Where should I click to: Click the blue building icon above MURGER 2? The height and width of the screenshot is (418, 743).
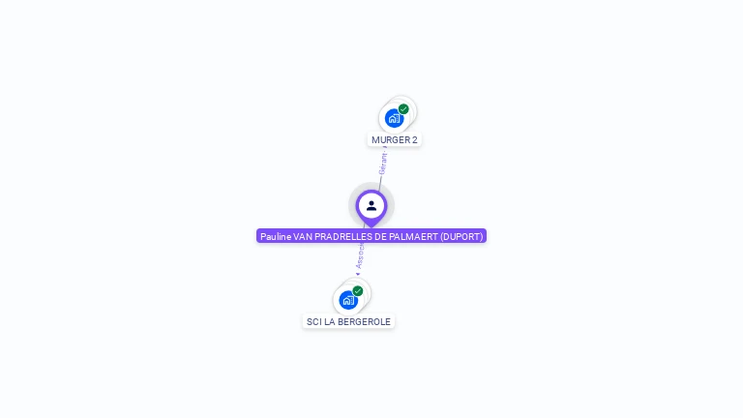pos(394,118)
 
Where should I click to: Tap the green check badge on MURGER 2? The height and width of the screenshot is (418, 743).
pos(403,109)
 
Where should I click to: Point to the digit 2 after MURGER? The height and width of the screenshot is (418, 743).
pos(415,140)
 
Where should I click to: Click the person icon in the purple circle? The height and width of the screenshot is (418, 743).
pos(371,205)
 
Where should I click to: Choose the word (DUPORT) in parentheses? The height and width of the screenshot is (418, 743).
pos(461,236)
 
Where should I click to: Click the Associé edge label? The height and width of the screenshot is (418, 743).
pos(360,255)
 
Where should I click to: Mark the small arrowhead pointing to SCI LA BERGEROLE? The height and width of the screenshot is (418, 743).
pos(358,274)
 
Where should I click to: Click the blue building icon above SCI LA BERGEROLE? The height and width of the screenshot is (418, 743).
pos(348,300)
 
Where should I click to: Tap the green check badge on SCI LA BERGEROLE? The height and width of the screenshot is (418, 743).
pos(358,291)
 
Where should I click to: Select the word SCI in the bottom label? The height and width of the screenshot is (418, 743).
pos(314,322)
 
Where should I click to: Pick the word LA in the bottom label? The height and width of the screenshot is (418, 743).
pos(331,322)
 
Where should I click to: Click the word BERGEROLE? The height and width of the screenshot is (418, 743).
pos(366,322)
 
